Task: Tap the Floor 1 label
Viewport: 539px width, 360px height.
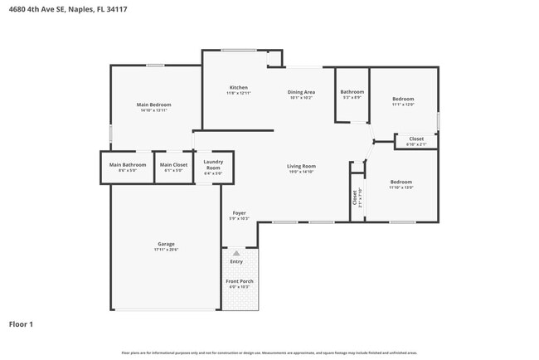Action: click(x=21, y=324)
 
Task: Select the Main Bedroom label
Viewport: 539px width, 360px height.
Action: click(x=154, y=105)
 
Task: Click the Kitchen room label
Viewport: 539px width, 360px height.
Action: click(x=239, y=87)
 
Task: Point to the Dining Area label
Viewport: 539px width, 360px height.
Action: click(x=301, y=92)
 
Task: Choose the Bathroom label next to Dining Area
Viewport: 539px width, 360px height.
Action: click(x=352, y=92)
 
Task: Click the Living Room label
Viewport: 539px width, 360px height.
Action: click(x=301, y=166)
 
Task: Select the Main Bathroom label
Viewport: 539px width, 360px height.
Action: click(x=128, y=164)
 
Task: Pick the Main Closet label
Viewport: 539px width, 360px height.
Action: click(x=174, y=164)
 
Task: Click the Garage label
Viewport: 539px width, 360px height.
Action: click(x=166, y=244)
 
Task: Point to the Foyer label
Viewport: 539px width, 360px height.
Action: click(x=239, y=213)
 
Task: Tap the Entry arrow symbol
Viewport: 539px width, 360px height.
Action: click(x=236, y=253)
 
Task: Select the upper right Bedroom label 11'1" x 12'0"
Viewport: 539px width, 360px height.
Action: click(x=403, y=99)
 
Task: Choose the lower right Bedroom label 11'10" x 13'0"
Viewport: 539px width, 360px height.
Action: click(x=401, y=182)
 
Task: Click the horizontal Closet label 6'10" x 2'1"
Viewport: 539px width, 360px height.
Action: click(x=416, y=139)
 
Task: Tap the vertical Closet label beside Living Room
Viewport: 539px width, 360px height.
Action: click(x=355, y=197)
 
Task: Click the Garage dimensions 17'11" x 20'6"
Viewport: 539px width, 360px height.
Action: click(x=166, y=249)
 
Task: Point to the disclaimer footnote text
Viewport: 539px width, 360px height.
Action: click(x=269, y=353)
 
